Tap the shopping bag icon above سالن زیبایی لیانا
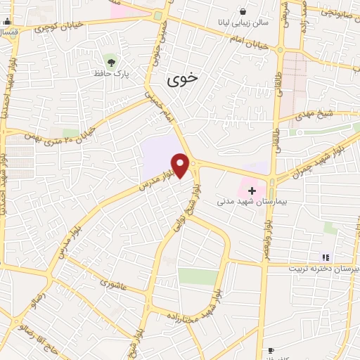[243, 11]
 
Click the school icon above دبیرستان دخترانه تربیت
[325, 258]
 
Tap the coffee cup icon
[271, 349]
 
